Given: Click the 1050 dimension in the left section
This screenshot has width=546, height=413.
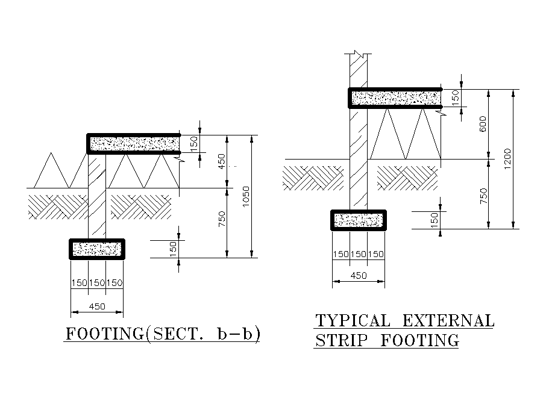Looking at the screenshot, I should point(245,197).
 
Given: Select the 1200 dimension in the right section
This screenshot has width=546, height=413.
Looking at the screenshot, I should point(507,160).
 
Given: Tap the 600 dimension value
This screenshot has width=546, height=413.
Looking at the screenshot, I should point(483,125).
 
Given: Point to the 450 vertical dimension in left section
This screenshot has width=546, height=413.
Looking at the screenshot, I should point(222,161).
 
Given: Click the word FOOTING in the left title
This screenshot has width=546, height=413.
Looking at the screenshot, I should point(104,334).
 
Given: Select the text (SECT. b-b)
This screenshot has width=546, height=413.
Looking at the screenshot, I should point(203,334).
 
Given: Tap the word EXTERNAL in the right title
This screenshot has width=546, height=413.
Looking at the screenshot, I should point(448,320).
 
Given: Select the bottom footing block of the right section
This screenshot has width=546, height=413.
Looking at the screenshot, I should point(359,220).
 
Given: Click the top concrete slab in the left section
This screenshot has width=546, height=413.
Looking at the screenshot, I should point(134,143).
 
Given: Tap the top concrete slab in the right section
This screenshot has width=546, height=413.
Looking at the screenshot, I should point(395,98).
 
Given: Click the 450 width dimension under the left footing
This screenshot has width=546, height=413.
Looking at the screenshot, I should point(97,306).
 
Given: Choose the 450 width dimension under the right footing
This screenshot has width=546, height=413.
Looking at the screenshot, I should point(359,276).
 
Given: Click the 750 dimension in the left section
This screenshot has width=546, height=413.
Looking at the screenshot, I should point(222,223).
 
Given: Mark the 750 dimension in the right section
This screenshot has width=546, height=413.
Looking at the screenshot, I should point(483,194).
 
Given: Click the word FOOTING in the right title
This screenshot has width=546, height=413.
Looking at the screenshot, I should point(420,341).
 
